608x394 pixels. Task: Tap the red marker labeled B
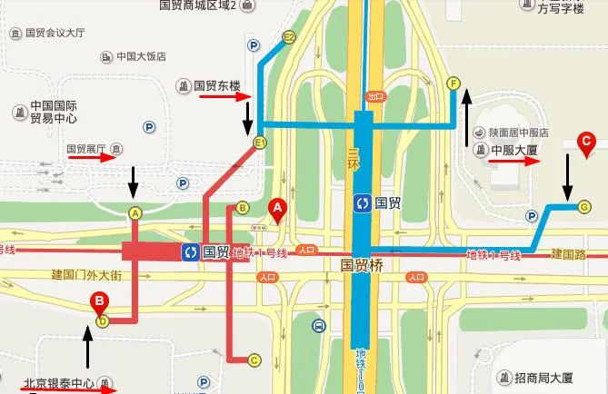point(98,303)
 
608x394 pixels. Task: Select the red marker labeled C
point(587,141)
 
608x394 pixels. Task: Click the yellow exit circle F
point(454,84)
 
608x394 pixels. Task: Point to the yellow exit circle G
point(584,206)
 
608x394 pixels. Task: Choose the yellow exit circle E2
point(289,37)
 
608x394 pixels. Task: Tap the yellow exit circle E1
point(260,143)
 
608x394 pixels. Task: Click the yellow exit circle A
point(135,213)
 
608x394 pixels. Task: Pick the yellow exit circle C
point(254,360)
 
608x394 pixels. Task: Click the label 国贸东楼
point(214,86)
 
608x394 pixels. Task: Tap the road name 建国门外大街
point(86,274)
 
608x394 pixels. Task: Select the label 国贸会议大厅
point(55,33)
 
